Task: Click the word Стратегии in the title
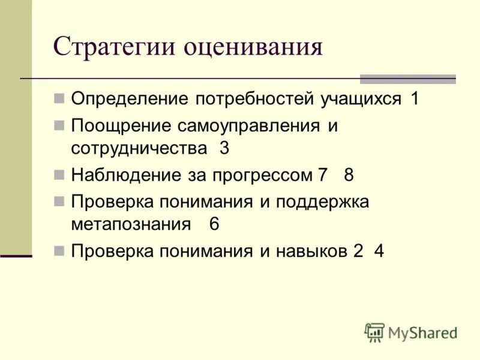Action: [x=114, y=47]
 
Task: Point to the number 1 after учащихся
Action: [x=415, y=99]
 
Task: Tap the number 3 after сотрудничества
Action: [x=224, y=149]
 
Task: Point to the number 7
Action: [x=323, y=175]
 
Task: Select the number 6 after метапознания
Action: [x=214, y=224]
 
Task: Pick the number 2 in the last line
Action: [x=358, y=251]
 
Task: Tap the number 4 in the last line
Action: [x=379, y=251]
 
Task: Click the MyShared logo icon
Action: [x=375, y=332]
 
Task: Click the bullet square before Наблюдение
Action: [x=59, y=175]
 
